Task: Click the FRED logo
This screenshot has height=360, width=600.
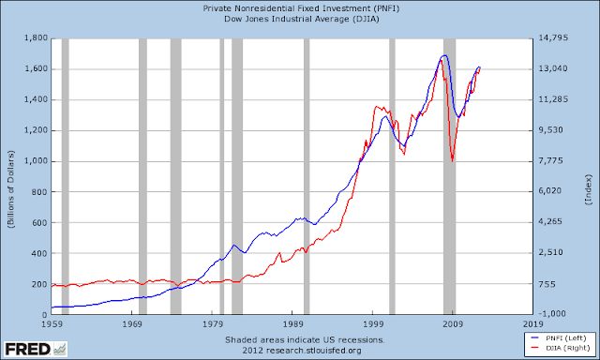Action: [36, 349]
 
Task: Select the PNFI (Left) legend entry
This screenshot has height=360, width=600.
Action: [561, 338]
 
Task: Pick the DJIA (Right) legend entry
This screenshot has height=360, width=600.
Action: [561, 348]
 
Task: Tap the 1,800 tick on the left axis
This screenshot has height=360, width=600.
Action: [36, 37]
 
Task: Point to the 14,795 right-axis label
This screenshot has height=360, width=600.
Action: [553, 37]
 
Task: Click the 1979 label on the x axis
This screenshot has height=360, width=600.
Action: [213, 324]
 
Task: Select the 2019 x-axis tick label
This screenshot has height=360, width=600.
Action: [533, 324]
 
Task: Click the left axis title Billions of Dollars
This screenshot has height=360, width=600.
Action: [10, 189]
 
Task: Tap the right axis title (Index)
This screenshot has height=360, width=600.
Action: [588, 189]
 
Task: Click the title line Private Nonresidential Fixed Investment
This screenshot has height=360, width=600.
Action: [301, 8]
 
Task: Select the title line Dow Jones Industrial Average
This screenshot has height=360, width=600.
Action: [302, 19]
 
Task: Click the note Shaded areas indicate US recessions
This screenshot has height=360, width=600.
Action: [305, 339]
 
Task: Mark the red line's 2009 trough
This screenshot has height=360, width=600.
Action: [452, 161]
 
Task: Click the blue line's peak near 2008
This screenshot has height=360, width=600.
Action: [444, 55]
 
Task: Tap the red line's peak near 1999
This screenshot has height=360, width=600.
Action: [376, 107]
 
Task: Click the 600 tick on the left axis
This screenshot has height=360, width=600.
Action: [39, 223]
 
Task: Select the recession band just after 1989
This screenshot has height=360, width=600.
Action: [307, 176]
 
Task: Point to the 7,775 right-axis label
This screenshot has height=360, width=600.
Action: [551, 160]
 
